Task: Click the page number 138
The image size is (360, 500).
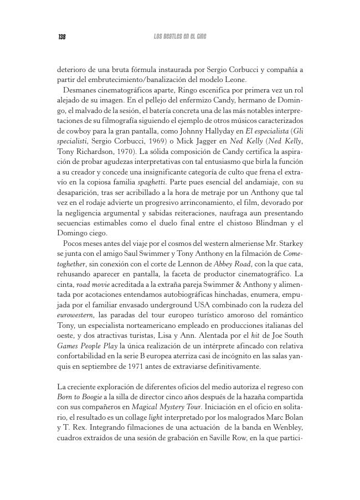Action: click(62, 37)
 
